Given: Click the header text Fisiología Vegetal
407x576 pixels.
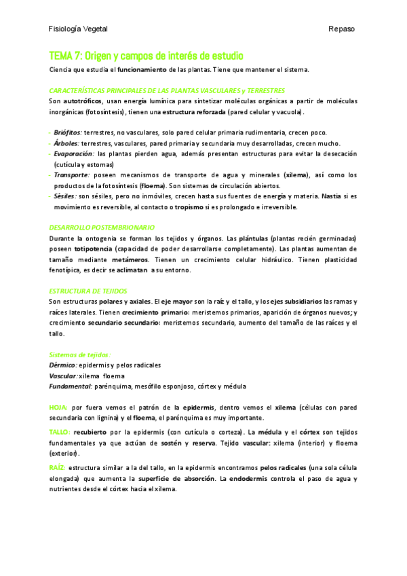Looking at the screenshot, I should click(78, 29).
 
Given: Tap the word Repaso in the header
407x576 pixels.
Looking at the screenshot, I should click(341, 29).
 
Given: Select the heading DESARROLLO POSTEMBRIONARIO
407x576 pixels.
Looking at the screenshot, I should click(102, 227).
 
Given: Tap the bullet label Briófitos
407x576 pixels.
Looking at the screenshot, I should click(66, 133).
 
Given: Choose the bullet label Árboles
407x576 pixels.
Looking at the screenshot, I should click(66, 143).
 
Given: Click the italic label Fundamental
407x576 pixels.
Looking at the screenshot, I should click(71, 386).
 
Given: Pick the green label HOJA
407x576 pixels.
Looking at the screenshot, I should click(58, 407).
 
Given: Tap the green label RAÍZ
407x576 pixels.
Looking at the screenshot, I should click(58, 468).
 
